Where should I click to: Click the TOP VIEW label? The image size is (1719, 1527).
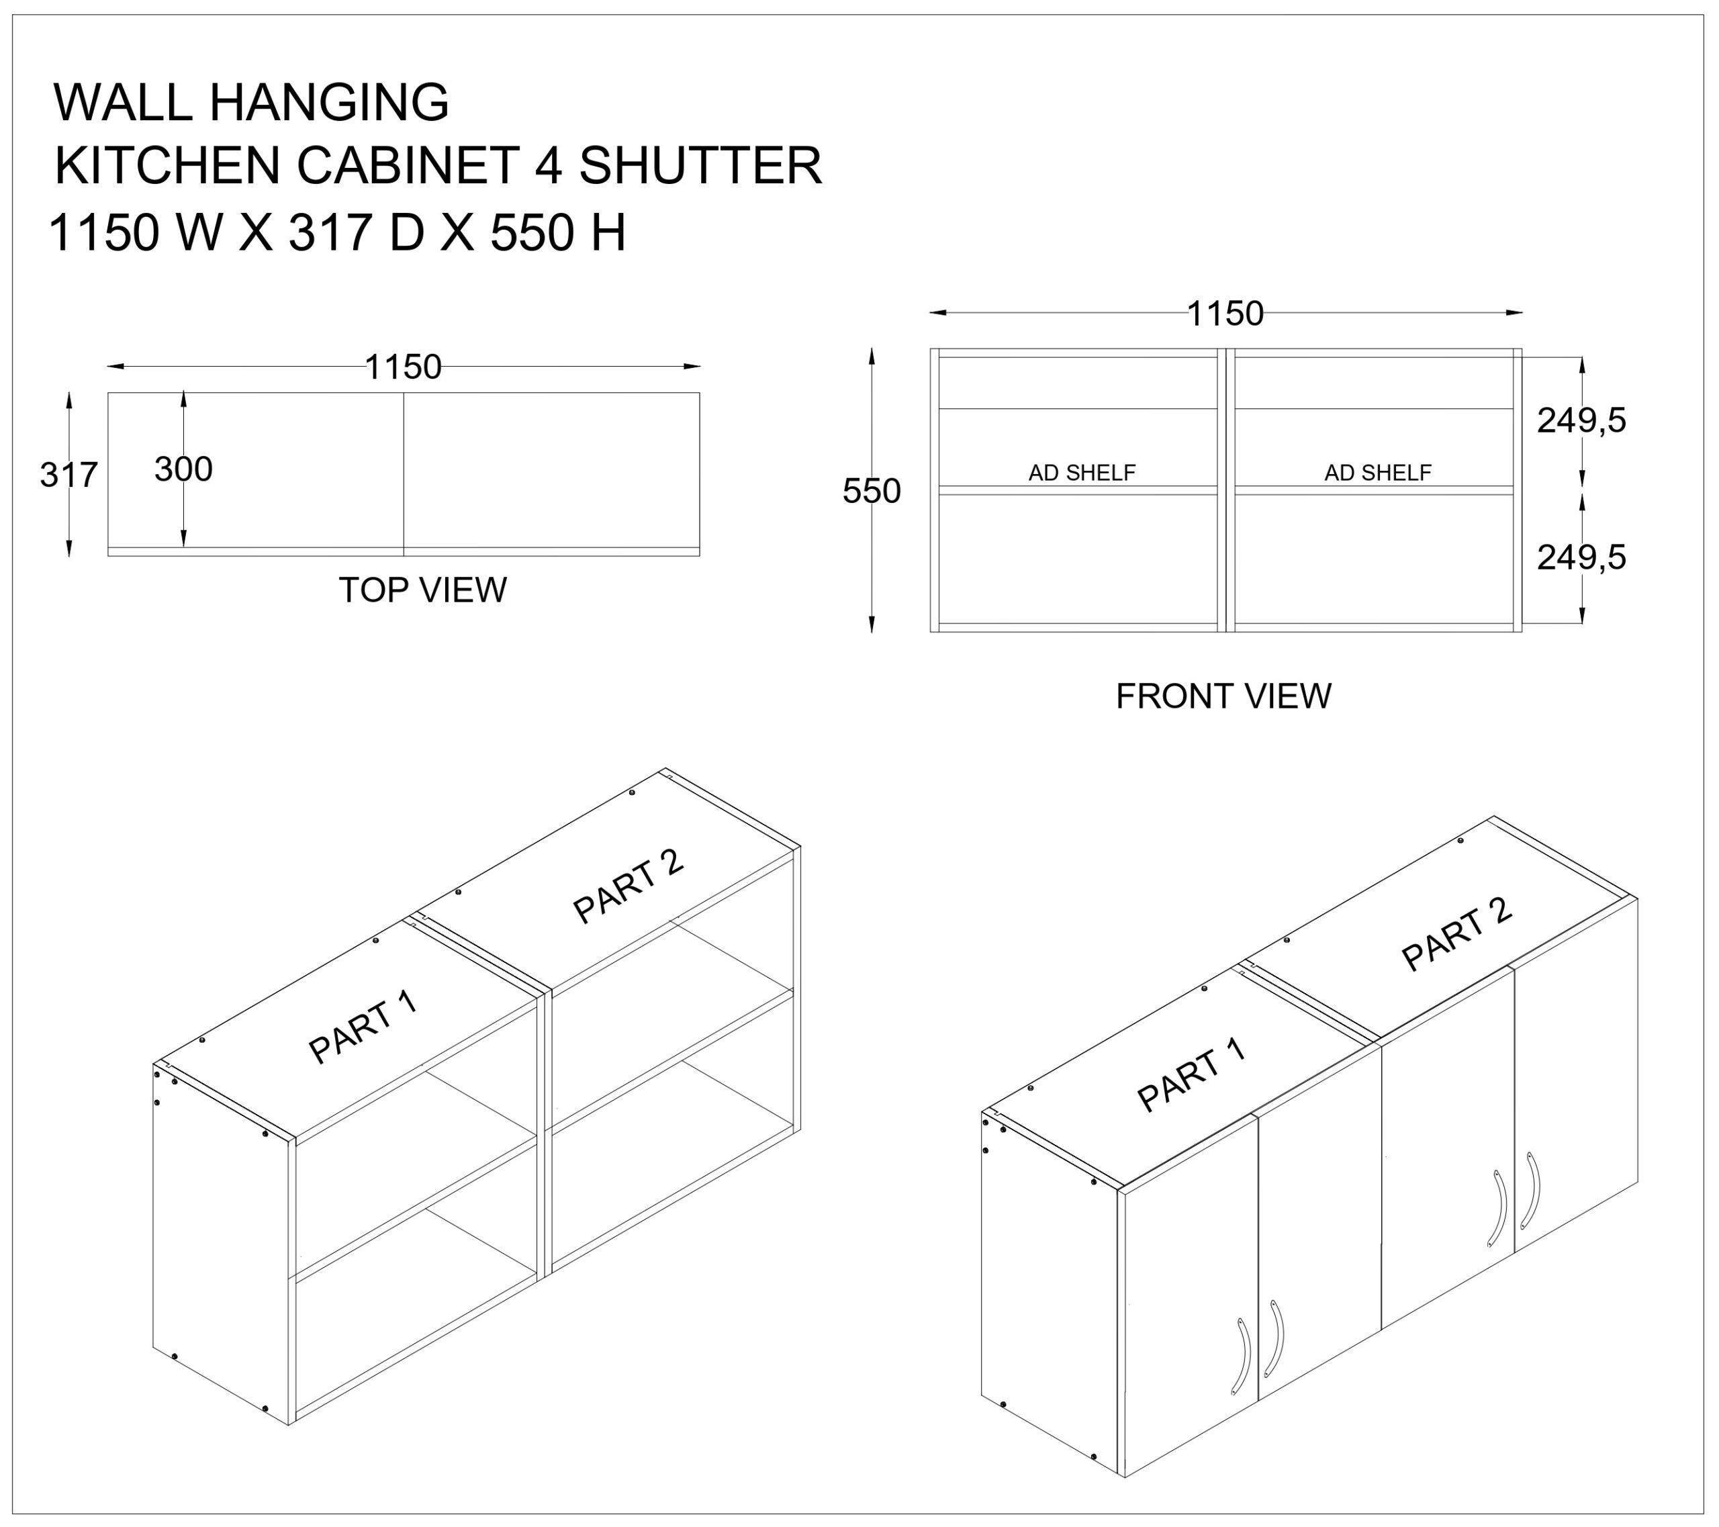click(422, 590)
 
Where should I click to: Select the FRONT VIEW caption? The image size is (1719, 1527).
click(1223, 696)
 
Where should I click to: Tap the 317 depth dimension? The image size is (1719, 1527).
click(69, 475)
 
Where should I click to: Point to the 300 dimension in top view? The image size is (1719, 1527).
click(183, 469)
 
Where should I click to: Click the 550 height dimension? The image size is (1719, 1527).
click(872, 491)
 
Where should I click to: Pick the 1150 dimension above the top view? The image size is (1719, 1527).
click(403, 367)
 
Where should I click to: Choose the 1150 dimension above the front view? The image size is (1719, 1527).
click(1225, 314)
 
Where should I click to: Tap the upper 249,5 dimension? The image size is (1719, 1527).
click(1582, 420)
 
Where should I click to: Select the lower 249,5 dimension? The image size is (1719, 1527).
click(1582, 557)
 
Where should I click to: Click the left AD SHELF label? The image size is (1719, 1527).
click(1082, 473)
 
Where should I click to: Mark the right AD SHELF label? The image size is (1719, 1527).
click(1378, 473)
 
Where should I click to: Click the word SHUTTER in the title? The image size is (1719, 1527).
click(700, 166)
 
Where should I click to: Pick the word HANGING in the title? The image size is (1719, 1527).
click(329, 102)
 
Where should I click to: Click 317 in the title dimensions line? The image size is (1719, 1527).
click(330, 233)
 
